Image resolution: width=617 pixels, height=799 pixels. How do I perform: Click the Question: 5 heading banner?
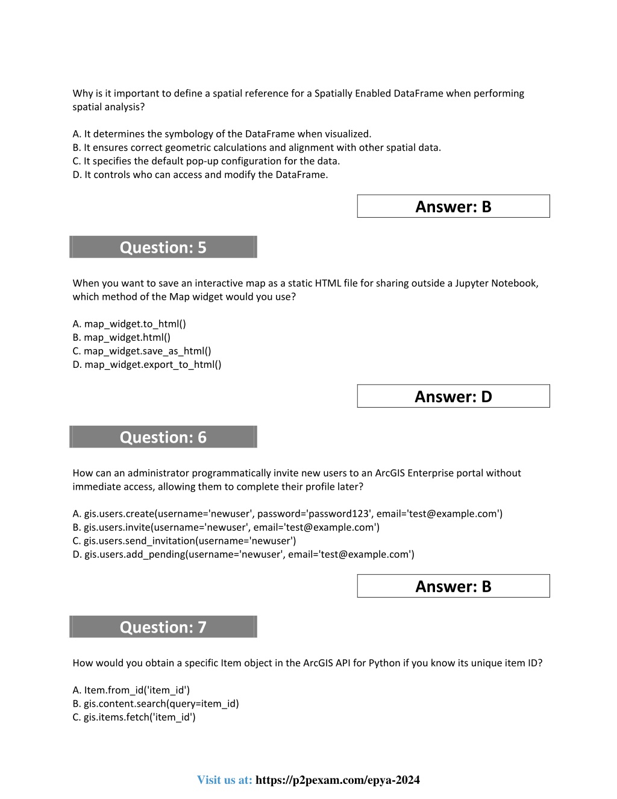pos(163,247)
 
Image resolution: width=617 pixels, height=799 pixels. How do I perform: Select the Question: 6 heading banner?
pos(163,437)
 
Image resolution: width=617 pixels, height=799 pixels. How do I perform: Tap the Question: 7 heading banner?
pos(163,627)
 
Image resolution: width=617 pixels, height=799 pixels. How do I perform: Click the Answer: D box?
pos(453,396)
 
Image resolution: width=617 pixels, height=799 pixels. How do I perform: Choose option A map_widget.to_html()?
pos(130,324)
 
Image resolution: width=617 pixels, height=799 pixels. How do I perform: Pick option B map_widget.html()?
pos(122,338)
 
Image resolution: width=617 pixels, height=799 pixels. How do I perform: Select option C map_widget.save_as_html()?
pos(142,351)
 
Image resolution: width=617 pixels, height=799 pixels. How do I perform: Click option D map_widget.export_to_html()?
pos(147,364)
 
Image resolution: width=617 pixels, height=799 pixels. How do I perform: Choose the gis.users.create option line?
pos(287,514)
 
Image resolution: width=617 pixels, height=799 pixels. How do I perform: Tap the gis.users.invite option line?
pos(226,527)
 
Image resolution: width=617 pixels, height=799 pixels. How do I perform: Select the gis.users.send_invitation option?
pos(184,541)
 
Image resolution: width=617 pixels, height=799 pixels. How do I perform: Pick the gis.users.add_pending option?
pos(243,554)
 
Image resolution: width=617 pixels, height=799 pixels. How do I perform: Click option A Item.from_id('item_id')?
pos(131,690)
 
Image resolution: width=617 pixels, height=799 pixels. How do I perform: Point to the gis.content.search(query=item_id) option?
pos(156,704)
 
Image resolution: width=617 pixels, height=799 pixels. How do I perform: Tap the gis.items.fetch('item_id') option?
pos(134,717)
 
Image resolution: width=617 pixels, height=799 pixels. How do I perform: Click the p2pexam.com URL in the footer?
pos(337,780)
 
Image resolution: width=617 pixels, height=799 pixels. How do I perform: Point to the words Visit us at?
pos(224,780)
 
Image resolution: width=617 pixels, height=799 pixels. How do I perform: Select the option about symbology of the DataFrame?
pos(222,134)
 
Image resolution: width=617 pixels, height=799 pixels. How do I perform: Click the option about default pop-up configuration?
pos(206,161)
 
